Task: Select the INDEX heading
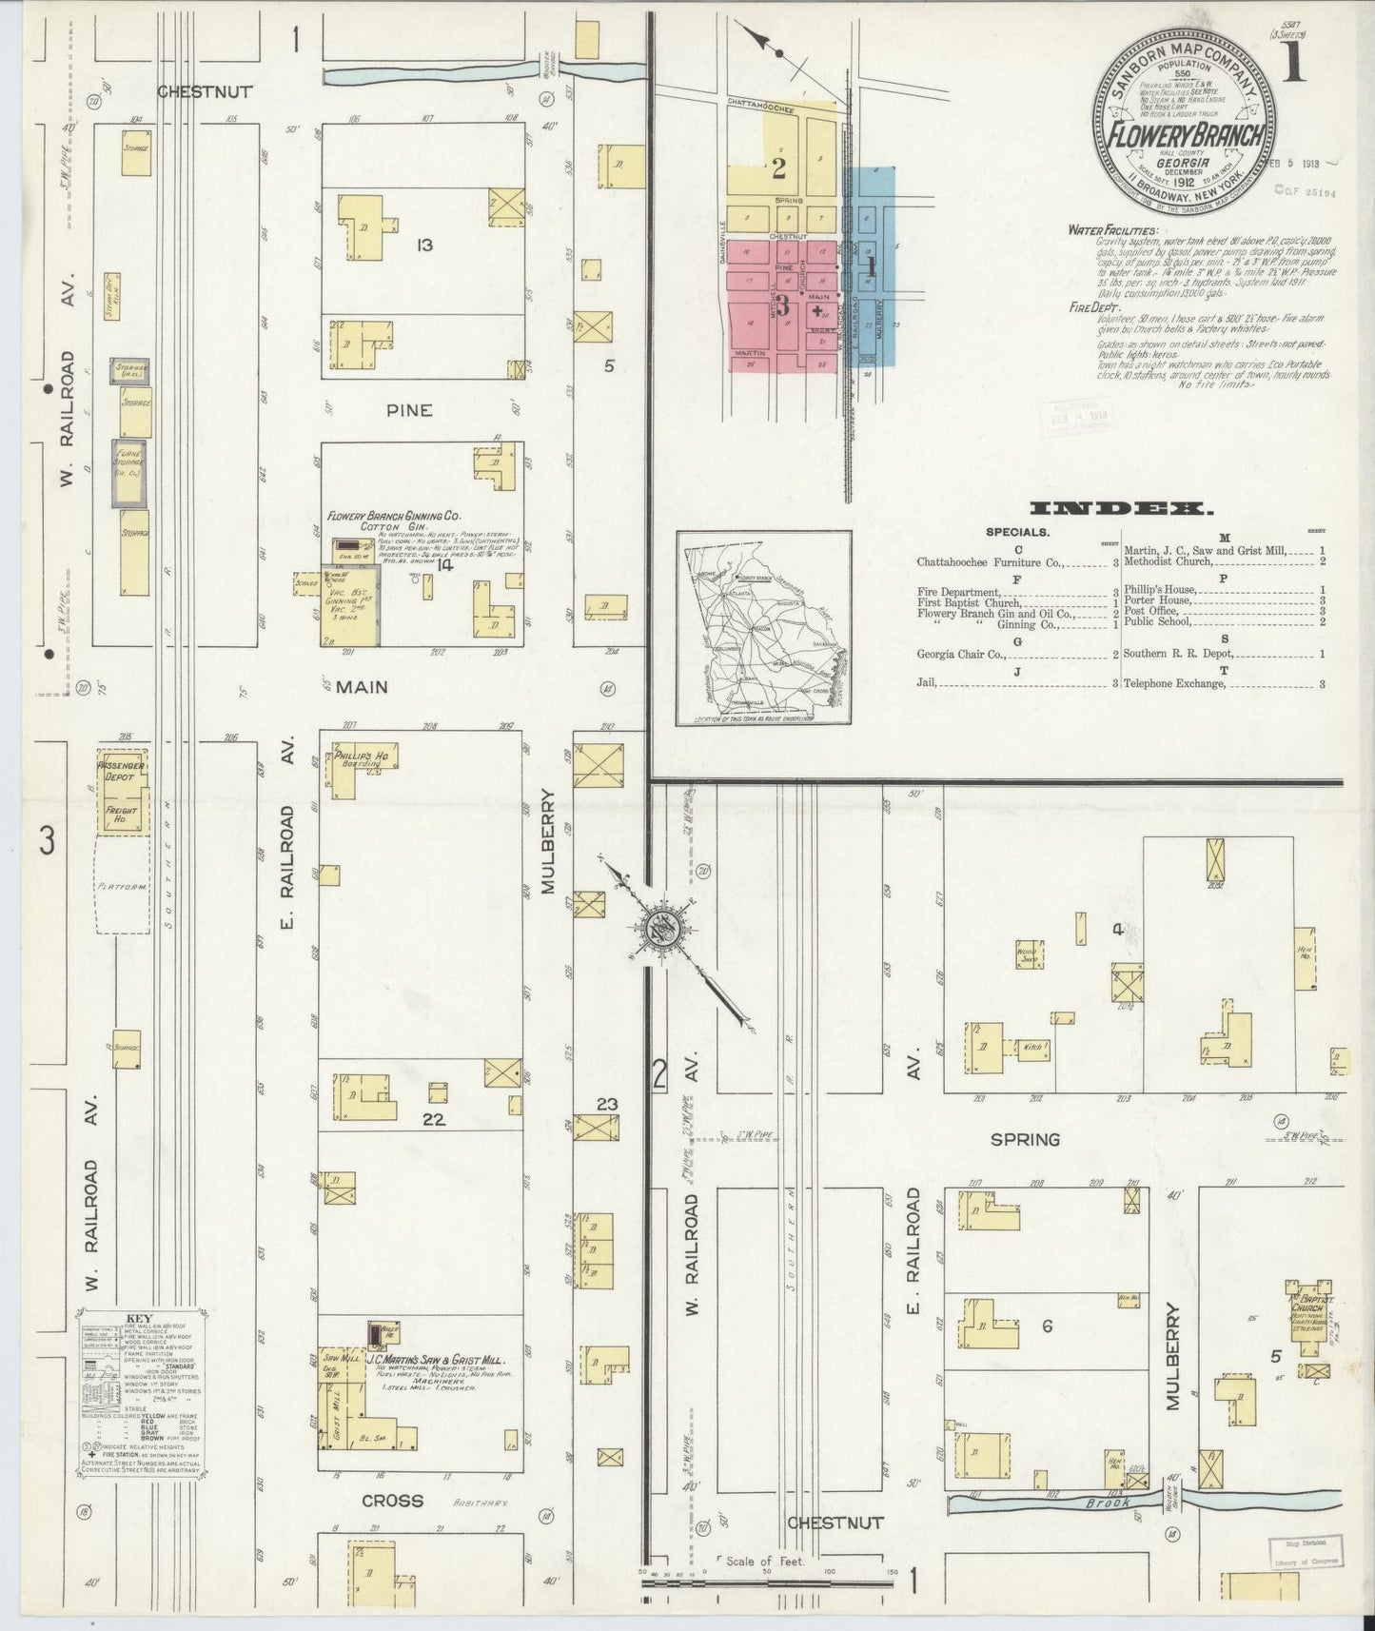click(1122, 509)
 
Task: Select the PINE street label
click(409, 411)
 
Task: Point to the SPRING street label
click(1025, 1139)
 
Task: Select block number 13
click(424, 246)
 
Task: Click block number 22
click(434, 1120)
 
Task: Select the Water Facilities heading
click(1112, 230)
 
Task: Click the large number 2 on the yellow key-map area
click(778, 169)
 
